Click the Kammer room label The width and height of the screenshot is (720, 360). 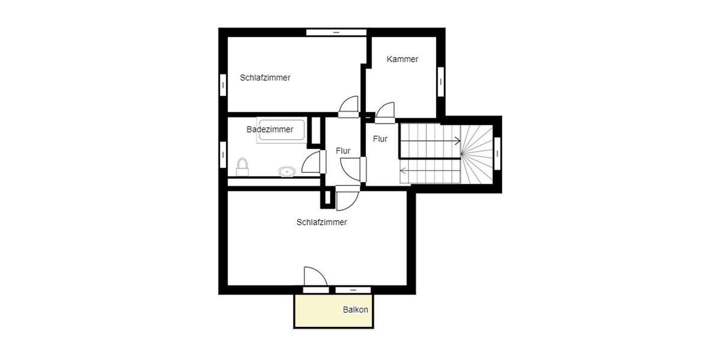403,59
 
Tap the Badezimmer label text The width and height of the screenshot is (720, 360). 270,129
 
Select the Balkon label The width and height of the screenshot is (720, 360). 355,310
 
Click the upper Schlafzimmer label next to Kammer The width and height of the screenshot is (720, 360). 265,77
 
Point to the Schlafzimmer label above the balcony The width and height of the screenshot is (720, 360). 322,222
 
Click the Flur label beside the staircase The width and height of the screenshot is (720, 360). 380,139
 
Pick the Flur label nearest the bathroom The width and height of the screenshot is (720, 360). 343,151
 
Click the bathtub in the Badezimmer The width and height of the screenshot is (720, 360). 281,131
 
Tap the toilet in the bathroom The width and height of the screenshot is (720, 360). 242,167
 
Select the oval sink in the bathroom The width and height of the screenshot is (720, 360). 287,172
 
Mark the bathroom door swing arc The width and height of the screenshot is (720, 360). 311,162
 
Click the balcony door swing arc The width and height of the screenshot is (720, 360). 315,277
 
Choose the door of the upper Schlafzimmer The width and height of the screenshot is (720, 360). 348,106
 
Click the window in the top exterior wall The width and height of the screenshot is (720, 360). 336,32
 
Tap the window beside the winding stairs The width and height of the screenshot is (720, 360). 497,154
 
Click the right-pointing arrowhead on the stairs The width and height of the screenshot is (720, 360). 458,142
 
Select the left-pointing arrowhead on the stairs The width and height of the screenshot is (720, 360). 403,170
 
